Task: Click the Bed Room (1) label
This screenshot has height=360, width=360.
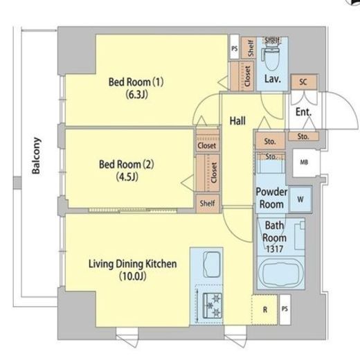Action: (x=136, y=82)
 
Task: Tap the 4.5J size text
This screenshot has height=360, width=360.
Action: (x=127, y=177)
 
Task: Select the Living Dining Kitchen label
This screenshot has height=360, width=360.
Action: (x=133, y=264)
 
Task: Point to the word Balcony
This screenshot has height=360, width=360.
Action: (x=36, y=156)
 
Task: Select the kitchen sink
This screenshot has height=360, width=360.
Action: (x=212, y=264)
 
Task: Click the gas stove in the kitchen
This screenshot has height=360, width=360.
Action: (x=212, y=306)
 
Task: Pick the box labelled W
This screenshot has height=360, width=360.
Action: (x=300, y=199)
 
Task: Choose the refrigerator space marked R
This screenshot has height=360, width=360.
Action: (x=264, y=309)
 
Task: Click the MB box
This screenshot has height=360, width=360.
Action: (x=305, y=163)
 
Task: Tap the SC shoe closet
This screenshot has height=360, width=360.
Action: (x=303, y=82)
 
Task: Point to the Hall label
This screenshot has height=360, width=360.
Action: (x=237, y=121)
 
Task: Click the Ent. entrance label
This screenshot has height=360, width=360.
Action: (x=303, y=112)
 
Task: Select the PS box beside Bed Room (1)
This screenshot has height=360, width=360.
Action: (x=235, y=47)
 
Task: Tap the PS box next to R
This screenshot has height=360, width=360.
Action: (x=285, y=309)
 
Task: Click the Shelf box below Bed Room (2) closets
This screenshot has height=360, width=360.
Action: (x=208, y=204)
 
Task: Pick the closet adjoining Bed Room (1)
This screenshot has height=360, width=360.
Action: (x=242, y=76)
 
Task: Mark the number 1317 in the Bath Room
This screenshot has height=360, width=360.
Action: (x=274, y=249)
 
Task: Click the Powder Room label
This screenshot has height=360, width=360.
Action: (x=271, y=198)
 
